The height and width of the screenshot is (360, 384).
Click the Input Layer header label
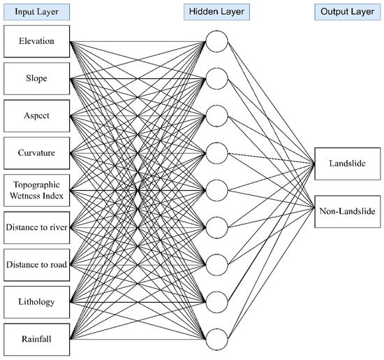point(36,12)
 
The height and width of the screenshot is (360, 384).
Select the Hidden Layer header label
point(216,12)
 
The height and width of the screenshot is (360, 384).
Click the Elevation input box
point(36,41)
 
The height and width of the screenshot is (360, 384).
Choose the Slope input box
point(36,78)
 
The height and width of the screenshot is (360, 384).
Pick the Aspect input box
point(36,115)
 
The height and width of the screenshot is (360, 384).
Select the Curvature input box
point(36,152)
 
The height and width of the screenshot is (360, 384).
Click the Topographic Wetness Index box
point(36,189)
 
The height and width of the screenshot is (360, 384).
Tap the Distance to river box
point(36,226)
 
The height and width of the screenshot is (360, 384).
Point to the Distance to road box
point(36,264)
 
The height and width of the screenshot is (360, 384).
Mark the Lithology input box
point(36,301)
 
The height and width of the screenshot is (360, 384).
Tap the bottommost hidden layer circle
point(216,338)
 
